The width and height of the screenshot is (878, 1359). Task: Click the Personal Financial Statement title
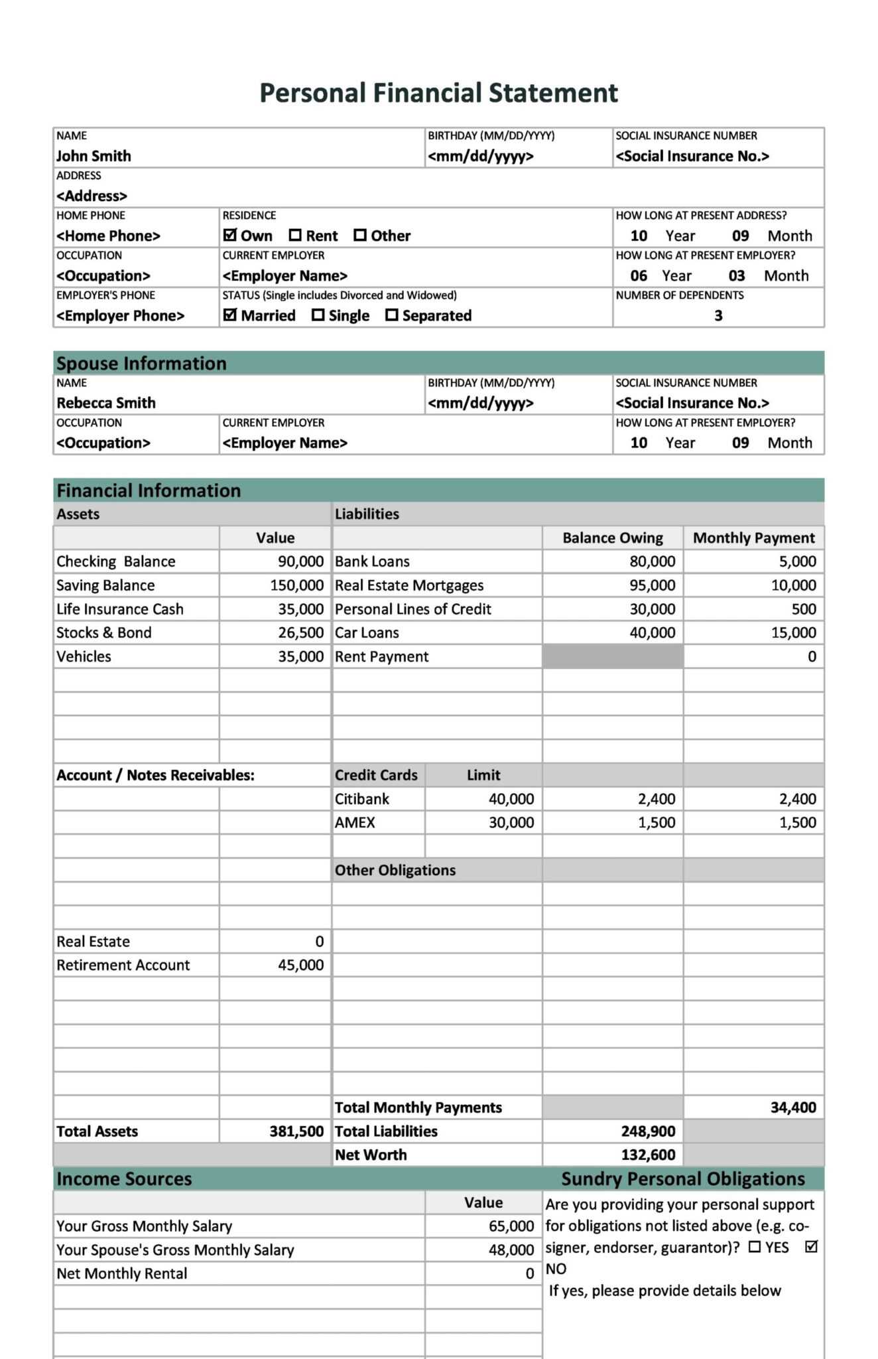coord(438,93)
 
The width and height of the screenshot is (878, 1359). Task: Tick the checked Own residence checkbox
coord(230,235)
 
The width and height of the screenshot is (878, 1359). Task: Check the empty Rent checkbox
coord(295,235)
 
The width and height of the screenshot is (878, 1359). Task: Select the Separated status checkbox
coord(392,315)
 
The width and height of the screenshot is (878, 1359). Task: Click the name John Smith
coord(94,156)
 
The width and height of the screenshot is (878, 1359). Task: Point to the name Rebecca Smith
coord(106,403)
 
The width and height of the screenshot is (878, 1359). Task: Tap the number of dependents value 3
coord(718,316)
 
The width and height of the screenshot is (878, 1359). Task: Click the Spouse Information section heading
coord(141,364)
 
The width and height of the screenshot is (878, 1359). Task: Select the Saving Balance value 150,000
coord(296,585)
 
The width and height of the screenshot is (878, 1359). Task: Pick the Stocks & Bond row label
coord(104,632)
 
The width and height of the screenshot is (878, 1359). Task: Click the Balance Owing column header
coord(612,537)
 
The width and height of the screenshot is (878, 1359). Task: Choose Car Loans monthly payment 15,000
coord(793,632)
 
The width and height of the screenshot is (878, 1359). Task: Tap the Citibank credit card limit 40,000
coord(511,799)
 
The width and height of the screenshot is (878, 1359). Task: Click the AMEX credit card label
coord(355,823)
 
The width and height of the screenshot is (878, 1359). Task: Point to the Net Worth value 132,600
coord(648,1155)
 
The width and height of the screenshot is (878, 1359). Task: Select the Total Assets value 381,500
coord(296,1131)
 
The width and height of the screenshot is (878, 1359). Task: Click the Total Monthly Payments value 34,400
coord(793,1108)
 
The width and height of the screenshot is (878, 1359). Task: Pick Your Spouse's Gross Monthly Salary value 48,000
coord(511,1250)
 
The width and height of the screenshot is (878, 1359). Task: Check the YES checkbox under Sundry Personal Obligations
coord(755,1248)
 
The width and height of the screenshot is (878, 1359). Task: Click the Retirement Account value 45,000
coord(300,965)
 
